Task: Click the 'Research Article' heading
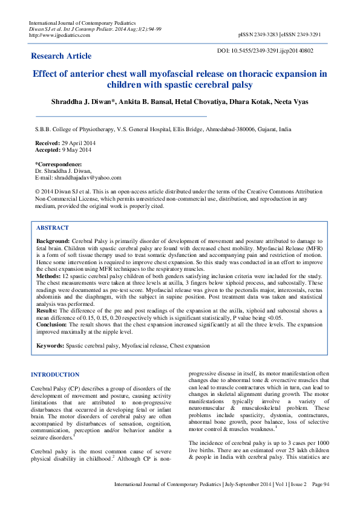coord(61,56)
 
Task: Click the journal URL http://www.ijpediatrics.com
coord(60,35)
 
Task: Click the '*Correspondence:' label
coord(59,164)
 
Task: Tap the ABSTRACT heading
coord(53,228)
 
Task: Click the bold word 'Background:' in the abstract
coord(53,241)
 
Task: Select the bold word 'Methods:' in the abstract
coord(48,275)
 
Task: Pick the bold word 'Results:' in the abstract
coord(48,310)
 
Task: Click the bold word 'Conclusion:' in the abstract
coord(53,324)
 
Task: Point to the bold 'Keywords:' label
coord(50,346)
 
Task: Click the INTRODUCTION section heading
coord(55,375)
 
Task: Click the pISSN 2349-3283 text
coord(258,35)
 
